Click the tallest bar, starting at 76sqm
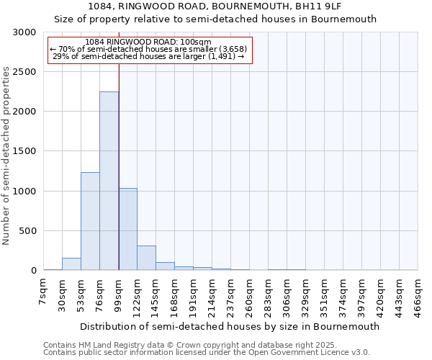(x=109, y=181)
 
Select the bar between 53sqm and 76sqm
(x=90, y=221)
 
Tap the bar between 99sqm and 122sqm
(x=127, y=229)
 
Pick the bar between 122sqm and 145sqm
(x=146, y=258)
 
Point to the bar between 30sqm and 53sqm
(x=71, y=264)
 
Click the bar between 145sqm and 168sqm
(x=165, y=266)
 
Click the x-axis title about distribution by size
(x=230, y=326)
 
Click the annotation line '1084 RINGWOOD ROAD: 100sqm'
(x=148, y=42)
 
